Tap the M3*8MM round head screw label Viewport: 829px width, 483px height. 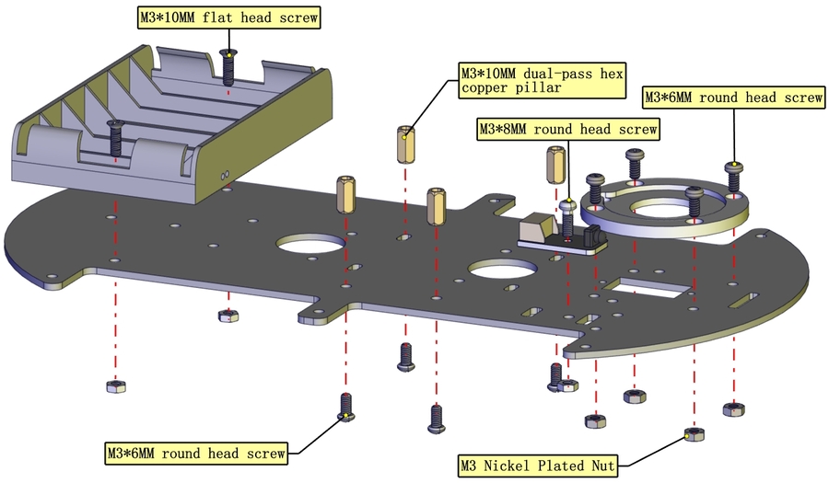tap(567, 130)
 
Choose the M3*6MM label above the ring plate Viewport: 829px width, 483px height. tap(732, 98)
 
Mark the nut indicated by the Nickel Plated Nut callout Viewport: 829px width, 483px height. tap(693, 434)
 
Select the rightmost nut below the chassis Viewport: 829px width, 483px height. tap(734, 407)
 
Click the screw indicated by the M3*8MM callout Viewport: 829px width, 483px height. tap(567, 214)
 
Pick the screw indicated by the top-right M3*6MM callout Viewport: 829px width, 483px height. tap(733, 175)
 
